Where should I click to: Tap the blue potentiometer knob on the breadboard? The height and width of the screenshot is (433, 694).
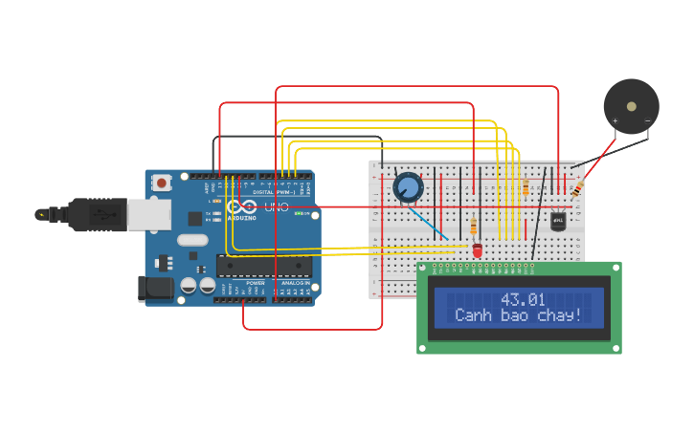408,187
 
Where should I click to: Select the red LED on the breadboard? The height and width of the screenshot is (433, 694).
477,249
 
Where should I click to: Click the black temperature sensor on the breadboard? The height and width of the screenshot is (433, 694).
559,222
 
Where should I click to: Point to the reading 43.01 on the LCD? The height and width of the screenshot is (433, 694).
523,299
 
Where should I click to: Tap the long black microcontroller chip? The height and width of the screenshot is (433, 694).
263,266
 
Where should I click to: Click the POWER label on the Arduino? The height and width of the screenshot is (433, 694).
256,284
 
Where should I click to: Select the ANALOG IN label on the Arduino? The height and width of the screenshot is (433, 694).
293,284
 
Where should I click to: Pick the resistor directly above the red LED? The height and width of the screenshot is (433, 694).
474,227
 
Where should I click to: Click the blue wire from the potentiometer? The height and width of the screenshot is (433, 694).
430,223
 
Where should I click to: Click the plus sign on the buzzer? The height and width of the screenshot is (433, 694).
615,120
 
